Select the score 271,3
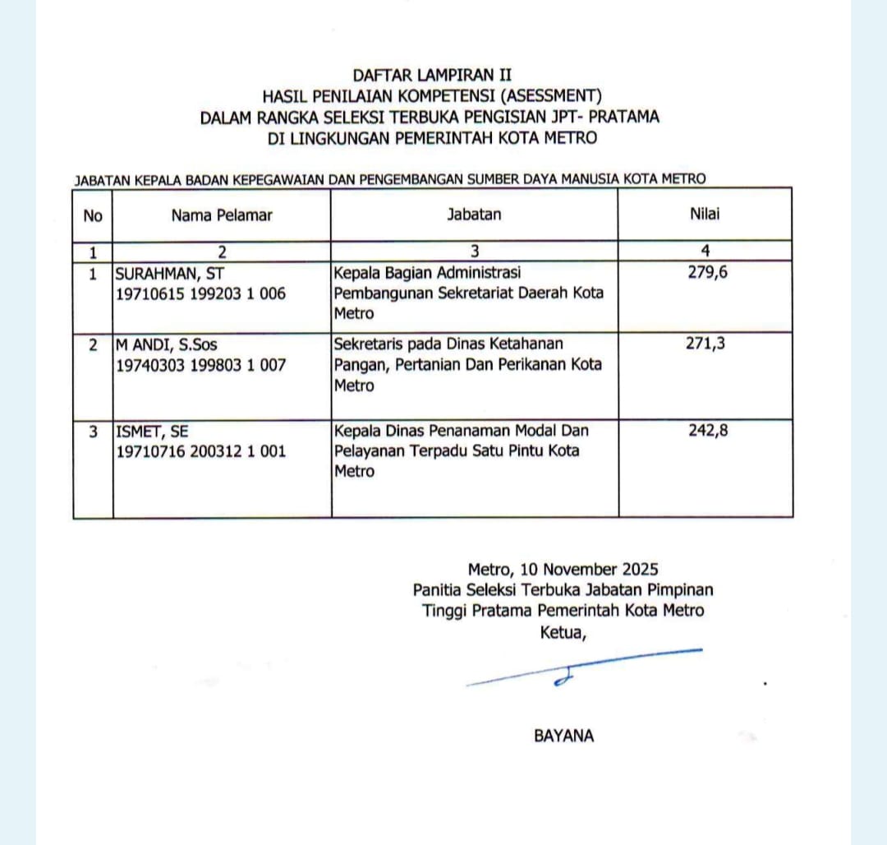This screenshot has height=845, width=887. pos(705,344)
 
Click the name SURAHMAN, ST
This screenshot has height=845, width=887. pos(170,273)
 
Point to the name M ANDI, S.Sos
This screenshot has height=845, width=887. pos(167,344)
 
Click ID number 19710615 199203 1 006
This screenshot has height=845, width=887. pos(201,293)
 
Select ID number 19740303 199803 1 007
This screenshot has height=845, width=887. pos(201,365)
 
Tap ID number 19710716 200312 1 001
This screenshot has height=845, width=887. pos(201,450)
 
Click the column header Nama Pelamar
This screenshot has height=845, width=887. pos(222,215)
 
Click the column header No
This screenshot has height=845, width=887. pos(93,215)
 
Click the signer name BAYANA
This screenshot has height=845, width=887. pos(563,736)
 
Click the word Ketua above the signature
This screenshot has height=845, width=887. pos(563,632)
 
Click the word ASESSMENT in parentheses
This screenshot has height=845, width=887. pos(545,96)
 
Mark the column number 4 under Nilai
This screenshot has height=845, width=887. pos(705,252)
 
